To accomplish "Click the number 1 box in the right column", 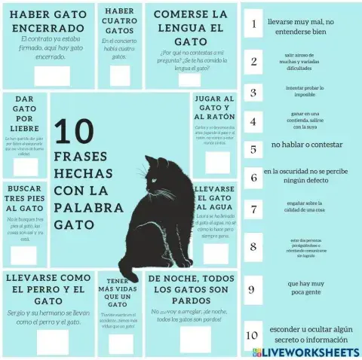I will (x=253, y=24).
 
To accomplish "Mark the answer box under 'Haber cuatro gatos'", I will (x=119, y=75).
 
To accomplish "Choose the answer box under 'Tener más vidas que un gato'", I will (x=120, y=343).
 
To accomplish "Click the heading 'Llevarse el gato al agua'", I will (x=214, y=197).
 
